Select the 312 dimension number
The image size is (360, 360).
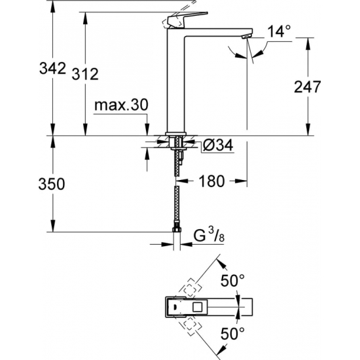point(85,73)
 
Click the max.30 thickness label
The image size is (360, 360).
point(122,105)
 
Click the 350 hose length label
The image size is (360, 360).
point(52,184)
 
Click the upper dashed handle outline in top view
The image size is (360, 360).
point(192,288)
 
